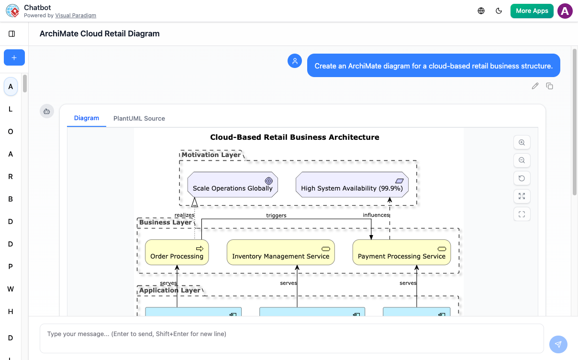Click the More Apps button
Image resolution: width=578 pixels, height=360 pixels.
click(532, 11)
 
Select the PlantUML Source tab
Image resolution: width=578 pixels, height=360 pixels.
click(139, 118)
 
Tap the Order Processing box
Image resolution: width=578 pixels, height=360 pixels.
click(177, 252)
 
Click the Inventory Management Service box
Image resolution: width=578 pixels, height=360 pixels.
click(280, 252)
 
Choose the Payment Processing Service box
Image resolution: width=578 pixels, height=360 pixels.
click(401, 252)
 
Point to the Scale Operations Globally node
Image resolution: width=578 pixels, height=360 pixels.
click(233, 185)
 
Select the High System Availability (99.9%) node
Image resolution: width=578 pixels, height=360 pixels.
click(352, 185)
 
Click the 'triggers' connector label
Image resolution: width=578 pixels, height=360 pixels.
click(276, 215)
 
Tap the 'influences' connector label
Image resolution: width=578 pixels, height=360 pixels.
click(376, 215)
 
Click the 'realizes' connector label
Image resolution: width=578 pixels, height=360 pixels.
click(184, 215)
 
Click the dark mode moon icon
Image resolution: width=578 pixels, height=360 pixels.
click(499, 11)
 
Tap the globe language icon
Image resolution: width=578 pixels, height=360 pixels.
click(481, 11)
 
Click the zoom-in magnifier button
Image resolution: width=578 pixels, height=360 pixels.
click(522, 142)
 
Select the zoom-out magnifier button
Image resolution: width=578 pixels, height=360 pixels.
click(522, 160)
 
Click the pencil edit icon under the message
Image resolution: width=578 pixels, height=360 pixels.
click(535, 86)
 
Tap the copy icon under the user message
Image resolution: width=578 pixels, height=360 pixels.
click(550, 86)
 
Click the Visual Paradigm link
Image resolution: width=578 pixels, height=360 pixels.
click(76, 15)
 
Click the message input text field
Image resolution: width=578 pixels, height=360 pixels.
click(291, 338)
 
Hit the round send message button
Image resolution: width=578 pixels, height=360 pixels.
click(558, 344)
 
